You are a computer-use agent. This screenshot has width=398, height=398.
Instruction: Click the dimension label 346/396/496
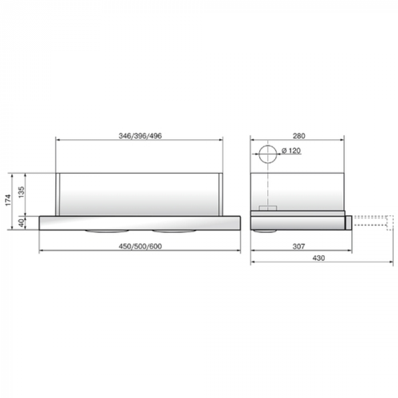tap(140, 136)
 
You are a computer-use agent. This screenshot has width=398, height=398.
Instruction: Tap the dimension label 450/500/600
tap(140, 246)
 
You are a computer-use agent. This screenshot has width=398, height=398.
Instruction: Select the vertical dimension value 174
tap(9, 200)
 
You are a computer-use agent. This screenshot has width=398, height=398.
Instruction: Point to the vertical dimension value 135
tap(21, 192)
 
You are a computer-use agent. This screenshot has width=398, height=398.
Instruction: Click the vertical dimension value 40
tap(21, 223)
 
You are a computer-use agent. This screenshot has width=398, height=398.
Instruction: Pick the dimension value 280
tap(299, 136)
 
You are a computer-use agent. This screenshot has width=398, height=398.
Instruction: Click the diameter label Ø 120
tap(291, 151)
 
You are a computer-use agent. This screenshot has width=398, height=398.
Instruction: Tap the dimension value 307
tap(299, 246)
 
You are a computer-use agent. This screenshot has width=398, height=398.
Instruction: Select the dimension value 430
tap(319, 258)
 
